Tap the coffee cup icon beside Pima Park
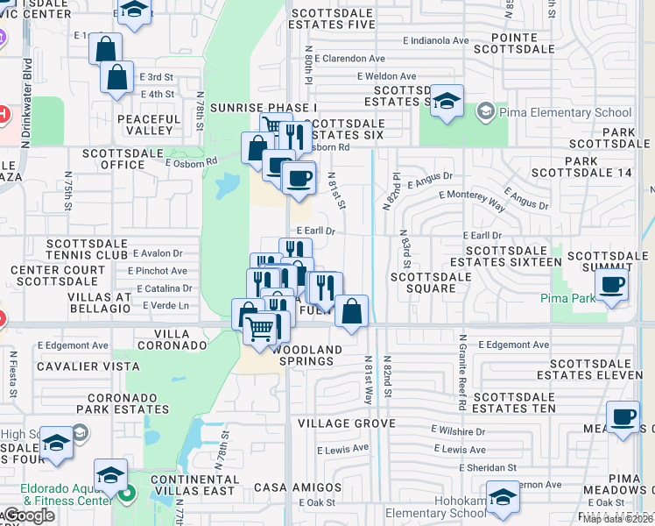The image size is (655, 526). click(611, 284)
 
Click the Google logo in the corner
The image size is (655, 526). click(29, 516)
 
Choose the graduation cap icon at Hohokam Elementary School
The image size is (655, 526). click(503, 500)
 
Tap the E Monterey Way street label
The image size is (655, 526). click(472, 198)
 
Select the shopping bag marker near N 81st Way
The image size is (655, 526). click(351, 311)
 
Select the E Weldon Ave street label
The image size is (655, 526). click(387, 77)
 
